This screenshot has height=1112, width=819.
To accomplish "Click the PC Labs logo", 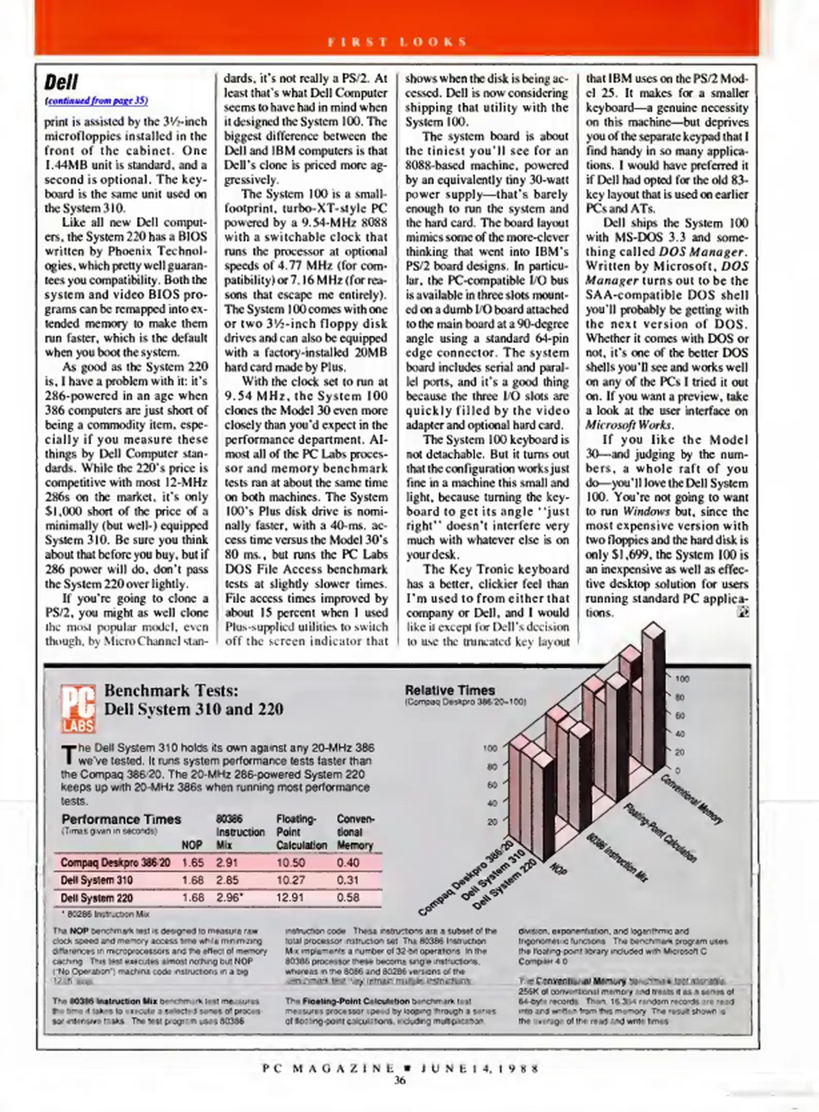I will pyautogui.click(x=78, y=708).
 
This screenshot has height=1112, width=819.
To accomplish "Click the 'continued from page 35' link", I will pyautogui.click(x=97, y=101).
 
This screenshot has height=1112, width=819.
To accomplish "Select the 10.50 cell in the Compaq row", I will pyautogui.click(x=291, y=862).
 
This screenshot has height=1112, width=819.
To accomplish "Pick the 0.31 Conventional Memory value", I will pyautogui.click(x=348, y=880).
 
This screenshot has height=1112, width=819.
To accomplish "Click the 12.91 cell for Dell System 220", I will pyautogui.click(x=291, y=897).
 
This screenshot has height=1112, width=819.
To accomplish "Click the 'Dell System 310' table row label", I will pyautogui.click(x=96, y=880).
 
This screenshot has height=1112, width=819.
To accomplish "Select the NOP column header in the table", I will pyautogui.click(x=192, y=845).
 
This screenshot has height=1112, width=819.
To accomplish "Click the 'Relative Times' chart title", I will pyautogui.click(x=450, y=690).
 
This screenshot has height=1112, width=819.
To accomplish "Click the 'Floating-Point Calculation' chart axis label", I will pyautogui.click(x=660, y=832).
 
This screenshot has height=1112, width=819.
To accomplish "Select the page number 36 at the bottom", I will pyautogui.click(x=400, y=1081).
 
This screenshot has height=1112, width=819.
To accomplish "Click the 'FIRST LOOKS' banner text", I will pyautogui.click(x=397, y=42).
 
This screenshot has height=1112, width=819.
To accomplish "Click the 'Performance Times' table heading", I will pyautogui.click(x=121, y=819).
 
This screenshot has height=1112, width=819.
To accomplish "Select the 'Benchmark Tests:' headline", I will pyautogui.click(x=171, y=690).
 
